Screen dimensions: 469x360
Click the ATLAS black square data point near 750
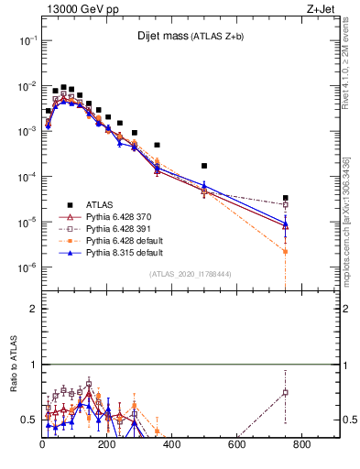pos(286,198)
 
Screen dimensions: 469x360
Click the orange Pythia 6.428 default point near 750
pos(286,251)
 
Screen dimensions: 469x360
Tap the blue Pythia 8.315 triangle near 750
pos(286,223)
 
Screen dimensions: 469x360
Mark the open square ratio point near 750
pos(286,392)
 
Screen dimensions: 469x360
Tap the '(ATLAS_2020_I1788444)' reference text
pos(189,274)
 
